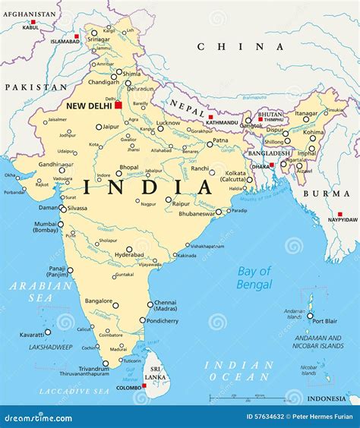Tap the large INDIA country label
[150, 186]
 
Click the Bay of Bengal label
[254, 277]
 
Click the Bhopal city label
[129, 167]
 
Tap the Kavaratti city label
[32, 334]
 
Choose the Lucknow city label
[169, 122]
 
